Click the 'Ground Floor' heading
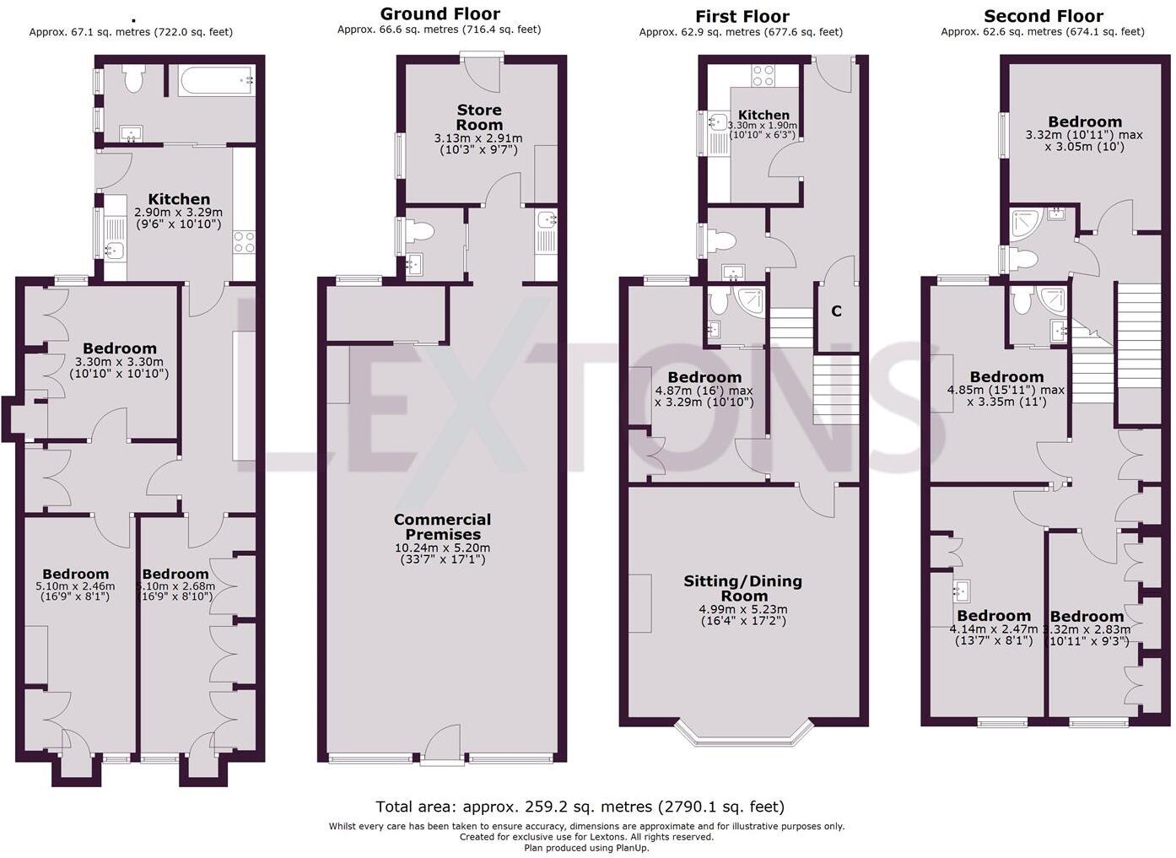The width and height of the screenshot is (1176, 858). coord(440,13)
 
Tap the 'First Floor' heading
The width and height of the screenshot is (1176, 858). coord(742,16)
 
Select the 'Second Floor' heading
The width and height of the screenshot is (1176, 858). coord(1043,16)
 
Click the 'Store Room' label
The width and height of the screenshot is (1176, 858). coord(478,117)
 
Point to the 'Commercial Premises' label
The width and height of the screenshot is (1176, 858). coord(442,526)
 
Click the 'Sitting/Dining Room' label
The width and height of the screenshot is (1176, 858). coord(742,587)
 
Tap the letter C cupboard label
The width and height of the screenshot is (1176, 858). coord(836,311)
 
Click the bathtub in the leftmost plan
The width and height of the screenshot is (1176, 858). coord(216,81)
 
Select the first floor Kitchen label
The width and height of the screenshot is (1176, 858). coord(763,115)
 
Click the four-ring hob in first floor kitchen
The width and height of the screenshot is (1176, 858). coord(763,76)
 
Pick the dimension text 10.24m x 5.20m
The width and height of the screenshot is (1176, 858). coord(443,548)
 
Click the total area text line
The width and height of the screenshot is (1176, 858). coord(580,807)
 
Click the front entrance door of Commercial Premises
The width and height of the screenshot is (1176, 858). coord(443,747)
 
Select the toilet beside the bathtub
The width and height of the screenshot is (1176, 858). coord(133,79)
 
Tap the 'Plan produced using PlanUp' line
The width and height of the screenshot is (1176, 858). coord(586,848)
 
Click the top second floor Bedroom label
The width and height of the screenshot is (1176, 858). coord(1084,121)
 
